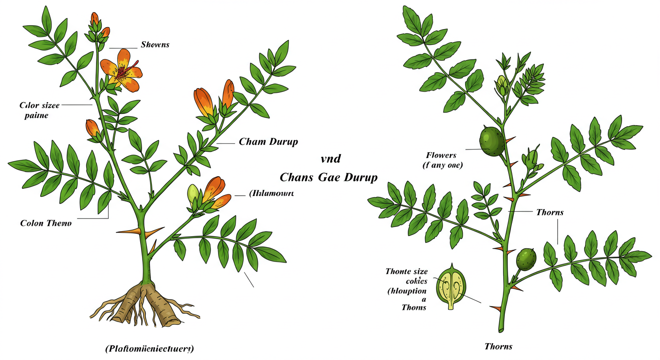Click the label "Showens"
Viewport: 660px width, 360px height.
click(155, 45)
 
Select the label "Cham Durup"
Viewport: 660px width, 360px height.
click(268, 142)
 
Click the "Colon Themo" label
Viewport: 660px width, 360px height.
click(46, 223)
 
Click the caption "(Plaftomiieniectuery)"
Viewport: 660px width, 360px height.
click(149, 349)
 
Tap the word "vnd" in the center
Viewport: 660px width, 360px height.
click(330, 158)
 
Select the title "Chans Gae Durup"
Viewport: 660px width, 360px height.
click(328, 177)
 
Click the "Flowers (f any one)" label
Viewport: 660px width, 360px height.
click(441, 160)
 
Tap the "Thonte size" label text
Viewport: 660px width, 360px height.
click(406, 271)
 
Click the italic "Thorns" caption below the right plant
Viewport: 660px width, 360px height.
click(498, 347)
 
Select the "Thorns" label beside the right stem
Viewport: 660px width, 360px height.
click(549, 212)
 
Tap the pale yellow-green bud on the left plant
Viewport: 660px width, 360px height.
click(194, 193)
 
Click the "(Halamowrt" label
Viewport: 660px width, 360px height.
click(271, 193)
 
